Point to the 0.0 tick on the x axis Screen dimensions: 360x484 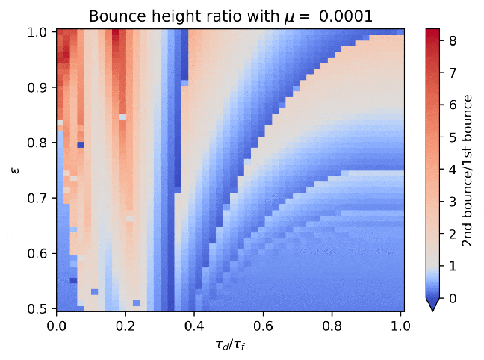click(56, 326)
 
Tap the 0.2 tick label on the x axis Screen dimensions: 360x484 click(125, 326)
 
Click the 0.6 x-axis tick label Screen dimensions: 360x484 click(263, 326)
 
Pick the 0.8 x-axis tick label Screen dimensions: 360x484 click(332, 326)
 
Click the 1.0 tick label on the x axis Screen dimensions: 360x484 click(401, 326)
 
